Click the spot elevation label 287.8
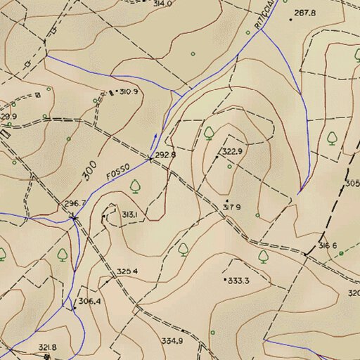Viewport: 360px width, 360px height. click(x=305, y=13)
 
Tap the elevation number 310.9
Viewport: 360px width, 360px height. click(x=129, y=92)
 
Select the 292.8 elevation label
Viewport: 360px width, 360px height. click(x=165, y=154)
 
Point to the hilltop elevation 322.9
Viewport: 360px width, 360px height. click(x=232, y=151)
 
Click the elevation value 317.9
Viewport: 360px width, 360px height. click(x=232, y=207)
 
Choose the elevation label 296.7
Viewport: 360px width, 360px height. click(x=75, y=203)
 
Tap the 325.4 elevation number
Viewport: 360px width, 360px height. click(x=127, y=271)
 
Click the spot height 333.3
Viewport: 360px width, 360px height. click(x=239, y=281)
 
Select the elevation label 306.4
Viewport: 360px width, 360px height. click(x=89, y=301)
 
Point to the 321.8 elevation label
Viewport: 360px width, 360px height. click(x=47, y=347)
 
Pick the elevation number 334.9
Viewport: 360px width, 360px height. click(x=172, y=340)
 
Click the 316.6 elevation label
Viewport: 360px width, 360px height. click(x=328, y=245)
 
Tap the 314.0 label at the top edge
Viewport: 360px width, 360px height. click(x=162, y=4)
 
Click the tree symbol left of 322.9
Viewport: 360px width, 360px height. click(x=210, y=131)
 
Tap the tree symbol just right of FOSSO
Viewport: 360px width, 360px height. click(x=135, y=186)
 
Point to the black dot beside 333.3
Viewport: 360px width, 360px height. click(x=225, y=280)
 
